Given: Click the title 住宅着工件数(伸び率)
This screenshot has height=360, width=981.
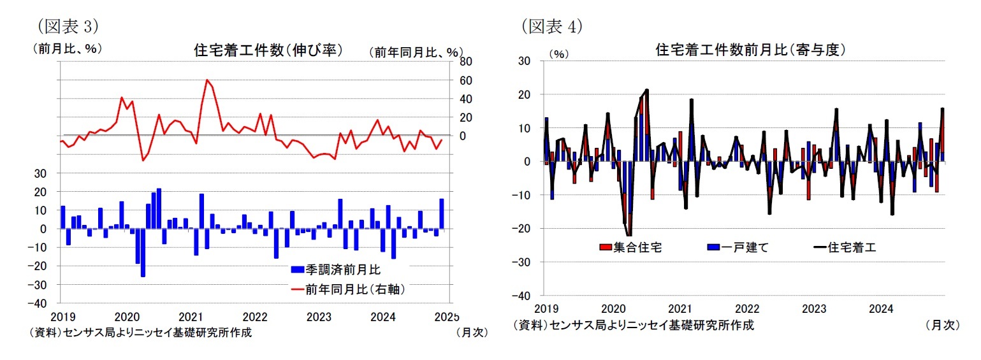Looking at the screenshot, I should (x=268, y=50).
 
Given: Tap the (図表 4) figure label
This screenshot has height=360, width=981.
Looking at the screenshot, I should (x=552, y=26).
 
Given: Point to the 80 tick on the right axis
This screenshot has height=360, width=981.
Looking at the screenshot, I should (x=465, y=62).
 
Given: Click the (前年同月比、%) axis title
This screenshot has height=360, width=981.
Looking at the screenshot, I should (x=416, y=52).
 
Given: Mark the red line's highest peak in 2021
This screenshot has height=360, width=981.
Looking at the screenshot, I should (x=207, y=80).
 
